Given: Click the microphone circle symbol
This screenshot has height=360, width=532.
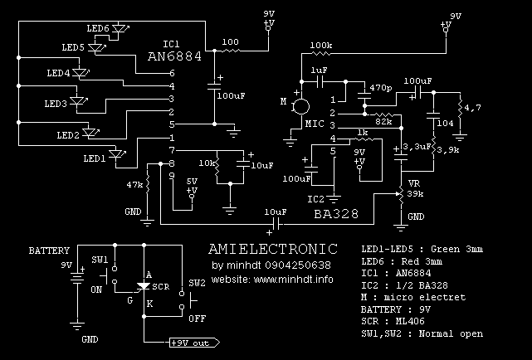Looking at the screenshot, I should point(301,106).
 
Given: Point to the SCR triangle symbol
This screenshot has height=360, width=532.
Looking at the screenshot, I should point(142,286).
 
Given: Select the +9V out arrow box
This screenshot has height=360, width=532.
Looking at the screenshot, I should point(194,342).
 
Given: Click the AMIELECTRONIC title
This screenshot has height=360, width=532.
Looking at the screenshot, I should point(272,248).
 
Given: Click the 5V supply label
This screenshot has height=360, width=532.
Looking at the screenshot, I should point(192,180).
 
